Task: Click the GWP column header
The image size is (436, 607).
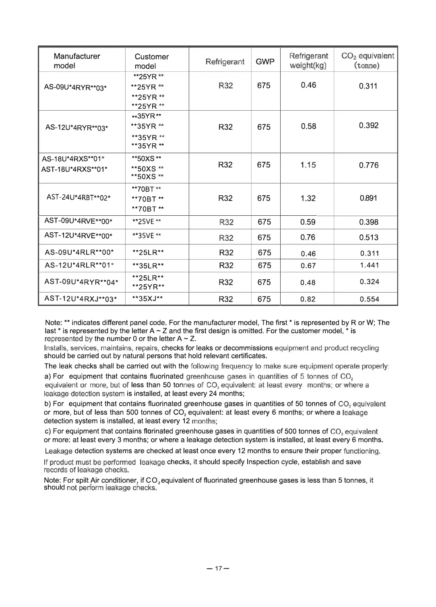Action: pos(265,62)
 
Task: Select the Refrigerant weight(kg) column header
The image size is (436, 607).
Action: pos(308,61)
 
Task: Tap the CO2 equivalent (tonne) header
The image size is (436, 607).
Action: pos(367,61)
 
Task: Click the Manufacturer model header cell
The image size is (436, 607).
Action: pos(76,61)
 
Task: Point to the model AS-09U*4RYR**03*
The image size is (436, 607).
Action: pos(75,87)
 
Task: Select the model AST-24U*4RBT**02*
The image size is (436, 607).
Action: pos(79,197)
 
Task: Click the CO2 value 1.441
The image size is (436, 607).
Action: pos(369,265)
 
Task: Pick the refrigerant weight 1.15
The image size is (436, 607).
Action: pos(308,165)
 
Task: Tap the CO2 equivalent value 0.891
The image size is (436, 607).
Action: pos(368,198)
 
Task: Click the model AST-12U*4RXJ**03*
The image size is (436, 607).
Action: pos(81,299)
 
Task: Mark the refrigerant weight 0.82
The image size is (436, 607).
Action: pos(308,299)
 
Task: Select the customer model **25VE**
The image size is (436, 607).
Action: pos(147,221)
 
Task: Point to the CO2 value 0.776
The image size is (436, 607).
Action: pos(368,165)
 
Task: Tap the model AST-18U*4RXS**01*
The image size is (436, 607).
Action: pos(74,169)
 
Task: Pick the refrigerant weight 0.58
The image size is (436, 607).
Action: pos(308,126)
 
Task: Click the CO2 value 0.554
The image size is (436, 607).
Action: pos(369,299)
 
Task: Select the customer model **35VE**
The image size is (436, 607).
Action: pos(147,235)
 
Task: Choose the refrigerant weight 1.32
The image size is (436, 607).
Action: pos(308,198)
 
